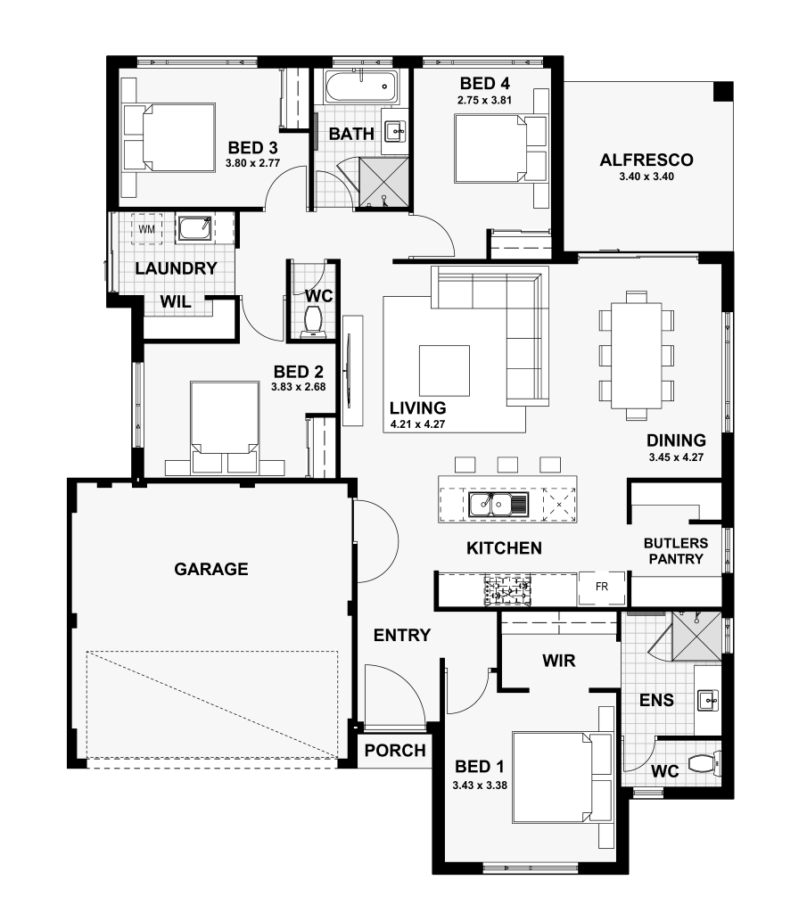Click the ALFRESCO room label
tap(646, 160)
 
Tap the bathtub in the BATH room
tap(361, 87)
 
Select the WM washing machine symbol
tap(147, 229)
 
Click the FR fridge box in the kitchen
tap(602, 587)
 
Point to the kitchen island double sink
tap(498, 505)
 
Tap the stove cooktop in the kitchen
tap(507, 589)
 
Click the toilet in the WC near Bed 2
tap(315, 323)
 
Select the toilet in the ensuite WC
tap(704, 762)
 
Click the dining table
tap(637, 355)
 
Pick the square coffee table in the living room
tap(444, 371)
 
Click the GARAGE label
tap(211, 569)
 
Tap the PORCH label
tap(395, 751)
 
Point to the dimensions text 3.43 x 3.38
tap(480, 785)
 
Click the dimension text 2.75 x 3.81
tap(484, 100)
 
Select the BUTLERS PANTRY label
tap(676, 551)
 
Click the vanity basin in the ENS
tap(707, 701)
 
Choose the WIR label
tap(559, 661)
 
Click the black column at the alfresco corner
tap(723, 92)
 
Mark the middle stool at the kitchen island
tap(507, 465)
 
